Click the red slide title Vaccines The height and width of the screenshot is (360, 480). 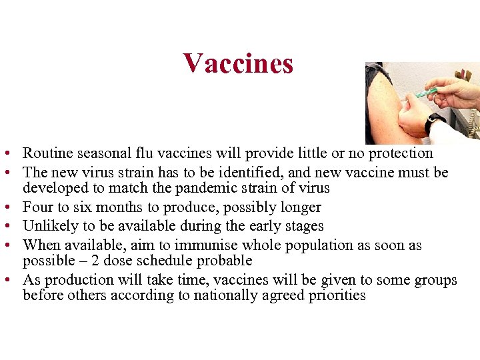point(238,63)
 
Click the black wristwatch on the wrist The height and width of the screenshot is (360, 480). point(435,123)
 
